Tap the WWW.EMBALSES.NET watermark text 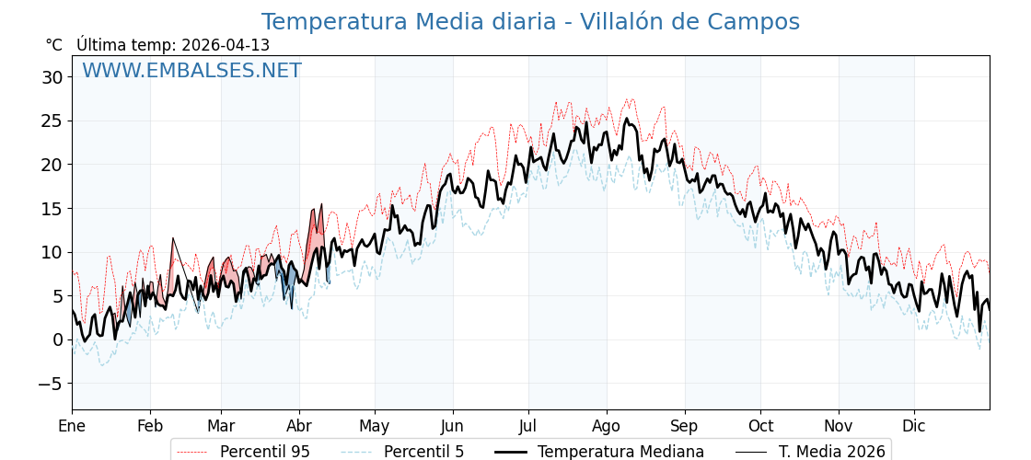click(x=191, y=71)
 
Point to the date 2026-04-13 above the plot click(x=226, y=45)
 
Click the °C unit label click(x=53, y=45)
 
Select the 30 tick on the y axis click(x=52, y=77)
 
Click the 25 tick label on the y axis click(x=52, y=121)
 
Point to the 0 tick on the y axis click(x=57, y=339)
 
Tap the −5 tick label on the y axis click(x=51, y=384)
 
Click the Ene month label click(x=72, y=426)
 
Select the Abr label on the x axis click(x=299, y=426)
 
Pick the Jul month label click(x=528, y=426)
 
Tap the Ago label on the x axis click(x=607, y=426)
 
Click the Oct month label click(x=760, y=426)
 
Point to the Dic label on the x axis click(x=914, y=426)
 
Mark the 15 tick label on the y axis click(x=52, y=208)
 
